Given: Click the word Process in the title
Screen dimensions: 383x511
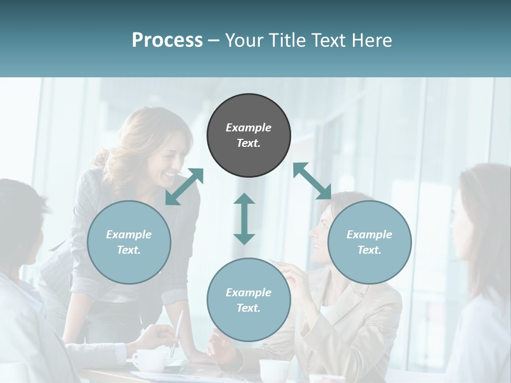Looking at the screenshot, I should click(167, 40).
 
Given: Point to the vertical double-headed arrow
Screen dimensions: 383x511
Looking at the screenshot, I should click(244, 219).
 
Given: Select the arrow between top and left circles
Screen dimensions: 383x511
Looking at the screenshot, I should click(184, 187).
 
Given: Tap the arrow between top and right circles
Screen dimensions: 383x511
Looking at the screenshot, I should click(312, 181).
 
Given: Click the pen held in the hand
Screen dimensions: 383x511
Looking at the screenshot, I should click(177, 332).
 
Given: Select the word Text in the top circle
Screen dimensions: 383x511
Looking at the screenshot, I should click(249, 143).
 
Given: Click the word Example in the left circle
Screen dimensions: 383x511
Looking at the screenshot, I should click(129, 235).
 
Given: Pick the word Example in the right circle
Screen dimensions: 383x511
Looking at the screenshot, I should click(369, 235).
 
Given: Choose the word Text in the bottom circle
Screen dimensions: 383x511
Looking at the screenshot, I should click(249, 308).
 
